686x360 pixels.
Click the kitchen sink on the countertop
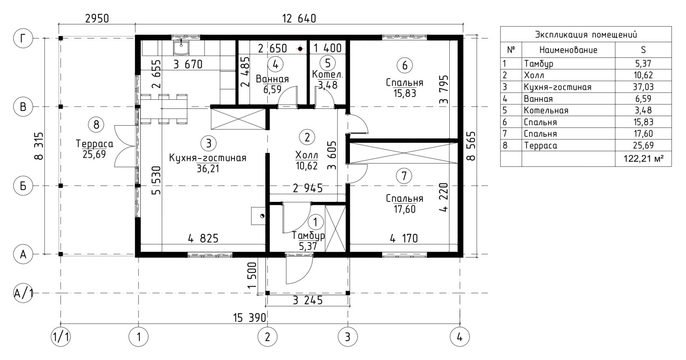click(181, 48)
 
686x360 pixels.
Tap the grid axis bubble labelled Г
click(23, 39)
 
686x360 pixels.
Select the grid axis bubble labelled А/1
click(23, 293)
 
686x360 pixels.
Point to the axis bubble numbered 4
click(460, 337)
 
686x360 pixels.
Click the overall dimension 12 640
click(299, 19)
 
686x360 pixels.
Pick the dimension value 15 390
click(250, 318)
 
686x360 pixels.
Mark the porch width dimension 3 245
click(307, 300)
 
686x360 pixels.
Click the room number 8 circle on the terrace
click(96, 125)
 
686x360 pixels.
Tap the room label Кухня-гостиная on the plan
click(208, 158)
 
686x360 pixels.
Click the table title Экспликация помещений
click(586, 35)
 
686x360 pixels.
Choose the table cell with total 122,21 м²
click(643, 159)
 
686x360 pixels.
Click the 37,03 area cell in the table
click(643, 87)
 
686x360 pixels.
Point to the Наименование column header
click(568, 50)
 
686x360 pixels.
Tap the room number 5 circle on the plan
click(328, 63)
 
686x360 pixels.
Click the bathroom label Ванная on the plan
click(272, 79)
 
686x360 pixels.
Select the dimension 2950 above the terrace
click(97, 19)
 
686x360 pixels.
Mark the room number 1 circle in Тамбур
click(315, 222)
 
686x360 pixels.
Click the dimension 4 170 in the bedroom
click(404, 238)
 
